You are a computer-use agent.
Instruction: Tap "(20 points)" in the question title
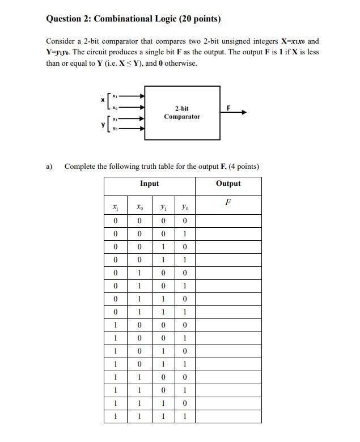coord(200,19)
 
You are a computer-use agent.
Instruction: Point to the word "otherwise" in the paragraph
coord(180,63)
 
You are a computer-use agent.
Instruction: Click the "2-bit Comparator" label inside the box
coord(182,112)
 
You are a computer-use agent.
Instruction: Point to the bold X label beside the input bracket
coord(103,100)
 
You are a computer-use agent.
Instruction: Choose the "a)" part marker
coord(49,167)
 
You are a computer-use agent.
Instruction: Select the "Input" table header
coord(150,184)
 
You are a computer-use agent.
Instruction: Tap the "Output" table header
coord(228,184)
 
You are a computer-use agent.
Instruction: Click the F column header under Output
coord(228,202)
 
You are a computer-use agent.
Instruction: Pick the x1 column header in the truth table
coord(116,208)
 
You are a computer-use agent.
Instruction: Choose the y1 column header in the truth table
coord(162,208)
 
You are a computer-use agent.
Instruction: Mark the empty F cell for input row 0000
coord(228,221)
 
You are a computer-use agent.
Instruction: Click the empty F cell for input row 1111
coord(228,416)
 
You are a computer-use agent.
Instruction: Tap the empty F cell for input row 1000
coord(228,325)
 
